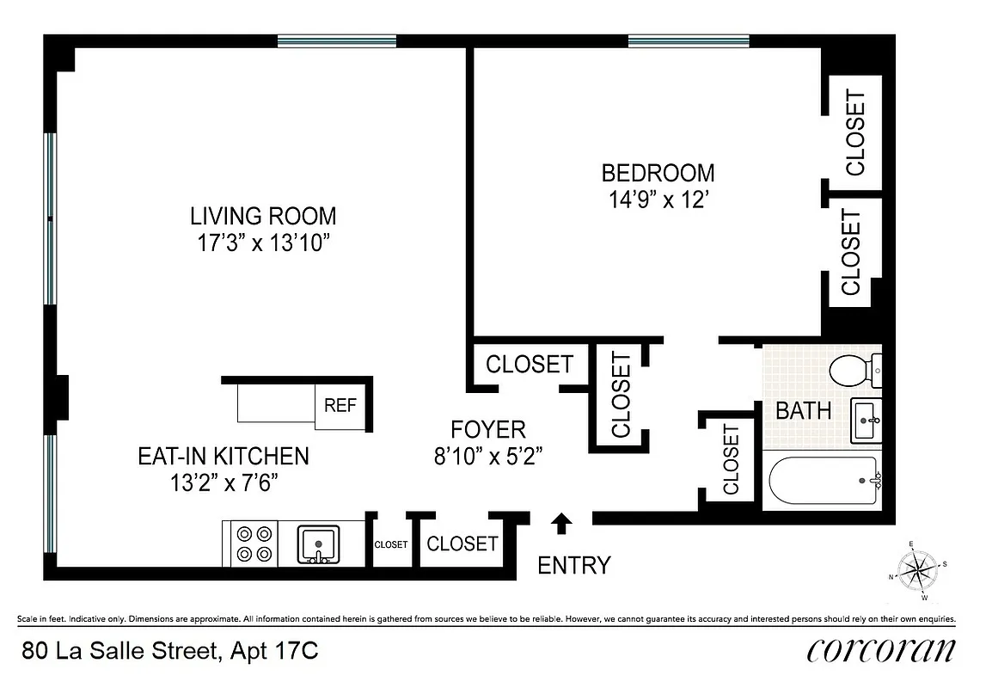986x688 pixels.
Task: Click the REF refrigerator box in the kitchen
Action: (x=340, y=405)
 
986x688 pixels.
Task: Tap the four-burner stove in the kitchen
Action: (x=254, y=544)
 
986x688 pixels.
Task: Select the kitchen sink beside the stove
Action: (x=318, y=544)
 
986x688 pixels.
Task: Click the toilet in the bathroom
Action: (x=854, y=371)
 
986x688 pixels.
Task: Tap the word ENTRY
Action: (x=573, y=565)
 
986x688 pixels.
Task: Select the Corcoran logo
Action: (x=880, y=649)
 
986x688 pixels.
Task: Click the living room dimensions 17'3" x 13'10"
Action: (x=263, y=243)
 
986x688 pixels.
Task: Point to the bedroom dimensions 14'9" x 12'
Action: (x=658, y=200)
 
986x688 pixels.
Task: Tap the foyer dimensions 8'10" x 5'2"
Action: (x=488, y=455)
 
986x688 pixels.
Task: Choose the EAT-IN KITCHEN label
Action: (x=223, y=456)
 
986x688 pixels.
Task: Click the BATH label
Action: (x=803, y=411)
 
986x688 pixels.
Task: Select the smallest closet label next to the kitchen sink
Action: (x=390, y=544)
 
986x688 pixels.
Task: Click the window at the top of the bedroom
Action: (x=688, y=40)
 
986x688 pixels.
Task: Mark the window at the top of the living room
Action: (x=337, y=40)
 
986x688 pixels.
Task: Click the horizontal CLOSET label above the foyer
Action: (x=529, y=365)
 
